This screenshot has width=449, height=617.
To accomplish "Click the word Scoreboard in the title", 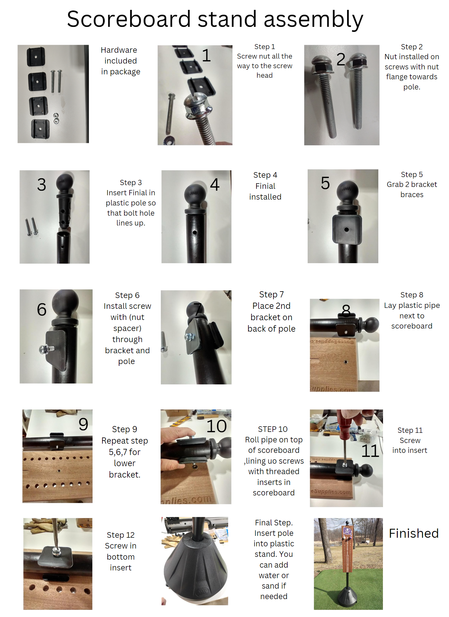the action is tap(129, 19).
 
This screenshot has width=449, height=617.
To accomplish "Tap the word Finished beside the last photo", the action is tap(414, 533).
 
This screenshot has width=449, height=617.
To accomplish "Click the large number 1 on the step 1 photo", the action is tap(206, 56).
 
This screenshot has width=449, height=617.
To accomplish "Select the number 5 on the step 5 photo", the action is tap(325, 183).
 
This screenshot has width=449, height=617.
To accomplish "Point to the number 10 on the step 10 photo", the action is tap(217, 426).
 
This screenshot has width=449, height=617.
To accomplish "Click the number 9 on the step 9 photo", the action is tap(83, 424).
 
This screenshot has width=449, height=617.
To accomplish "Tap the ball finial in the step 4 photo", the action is tap(194, 194).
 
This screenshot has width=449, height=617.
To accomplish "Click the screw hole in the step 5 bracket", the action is tap(347, 230).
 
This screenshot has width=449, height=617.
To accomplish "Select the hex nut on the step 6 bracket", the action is tap(44, 349).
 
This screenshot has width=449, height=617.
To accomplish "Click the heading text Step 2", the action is tap(412, 47).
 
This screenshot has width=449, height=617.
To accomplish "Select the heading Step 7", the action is tap(271, 295).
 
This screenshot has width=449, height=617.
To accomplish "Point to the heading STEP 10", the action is tap(273, 429).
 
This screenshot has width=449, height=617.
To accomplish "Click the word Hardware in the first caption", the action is tap(119, 50).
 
